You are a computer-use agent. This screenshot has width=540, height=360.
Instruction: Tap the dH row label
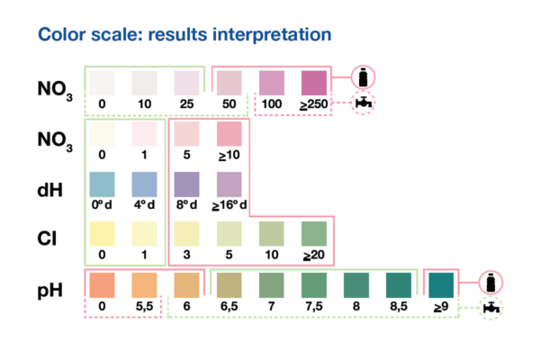49,190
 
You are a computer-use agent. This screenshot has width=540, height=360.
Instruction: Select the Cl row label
47,238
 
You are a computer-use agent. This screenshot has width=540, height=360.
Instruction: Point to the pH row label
49,291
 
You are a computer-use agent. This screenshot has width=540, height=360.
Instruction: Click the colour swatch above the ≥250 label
314,83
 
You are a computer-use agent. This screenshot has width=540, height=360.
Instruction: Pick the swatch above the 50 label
229,83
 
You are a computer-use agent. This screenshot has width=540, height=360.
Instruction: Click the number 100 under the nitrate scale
272,104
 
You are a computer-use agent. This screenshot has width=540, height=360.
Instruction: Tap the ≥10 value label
229,155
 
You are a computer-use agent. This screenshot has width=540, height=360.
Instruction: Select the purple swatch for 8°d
186,184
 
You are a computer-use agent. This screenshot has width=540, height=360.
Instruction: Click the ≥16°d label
229,205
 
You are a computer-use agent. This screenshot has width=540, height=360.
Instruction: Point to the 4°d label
144,205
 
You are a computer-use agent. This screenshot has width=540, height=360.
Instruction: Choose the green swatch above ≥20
314,234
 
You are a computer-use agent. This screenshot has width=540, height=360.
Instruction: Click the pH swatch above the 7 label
272,285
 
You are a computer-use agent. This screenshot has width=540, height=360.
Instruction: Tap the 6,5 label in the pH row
229,306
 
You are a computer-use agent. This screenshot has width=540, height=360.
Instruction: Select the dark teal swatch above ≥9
441,285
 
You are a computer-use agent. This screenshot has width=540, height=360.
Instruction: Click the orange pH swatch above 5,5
144,285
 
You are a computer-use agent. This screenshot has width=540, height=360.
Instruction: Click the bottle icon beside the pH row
490,283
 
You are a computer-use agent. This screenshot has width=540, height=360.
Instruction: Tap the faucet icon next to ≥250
364,103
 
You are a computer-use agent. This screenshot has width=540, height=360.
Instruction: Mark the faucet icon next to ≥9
491,308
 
